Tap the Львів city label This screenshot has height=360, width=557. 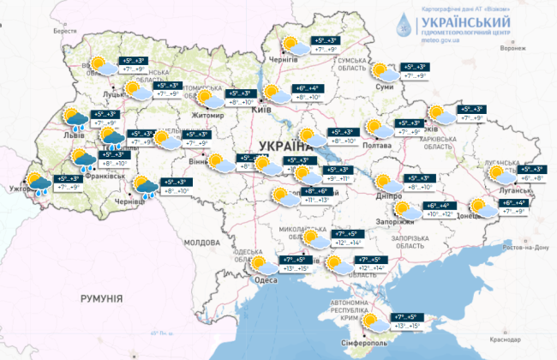[64, 135]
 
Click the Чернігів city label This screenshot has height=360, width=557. [305, 61]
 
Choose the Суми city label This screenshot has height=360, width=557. [385, 87]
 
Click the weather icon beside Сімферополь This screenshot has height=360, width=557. [372, 322]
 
